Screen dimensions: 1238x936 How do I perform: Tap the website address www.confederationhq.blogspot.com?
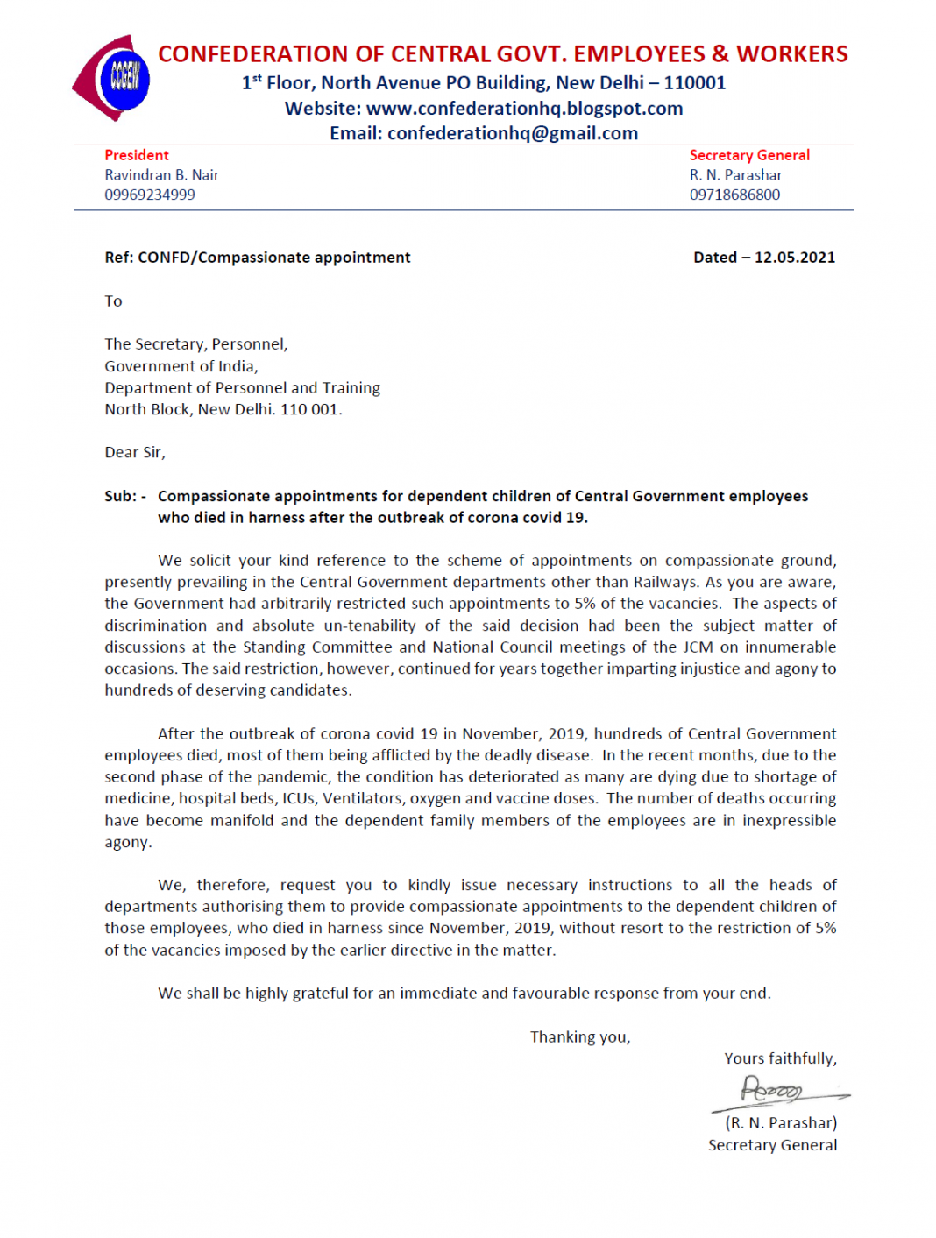[524, 109]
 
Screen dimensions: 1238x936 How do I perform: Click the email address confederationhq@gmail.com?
[513, 133]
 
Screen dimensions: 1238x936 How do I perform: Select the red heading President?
[137, 155]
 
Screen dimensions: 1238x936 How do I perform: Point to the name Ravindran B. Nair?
[162, 175]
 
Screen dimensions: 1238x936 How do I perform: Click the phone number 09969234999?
[150, 195]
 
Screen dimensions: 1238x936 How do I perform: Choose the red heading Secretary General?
[749, 155]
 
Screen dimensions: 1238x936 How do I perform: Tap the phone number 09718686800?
[734, 195]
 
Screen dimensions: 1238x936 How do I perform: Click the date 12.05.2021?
[794, 258]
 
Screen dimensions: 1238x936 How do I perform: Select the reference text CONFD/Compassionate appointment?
[274, 258]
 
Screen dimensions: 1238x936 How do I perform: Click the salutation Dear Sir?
[134, 452]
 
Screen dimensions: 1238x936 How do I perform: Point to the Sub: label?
[124, 496]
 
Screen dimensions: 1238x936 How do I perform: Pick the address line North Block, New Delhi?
[223, 409]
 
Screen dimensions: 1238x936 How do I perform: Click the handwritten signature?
[776, 1092]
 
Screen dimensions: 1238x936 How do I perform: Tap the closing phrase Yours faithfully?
[780, 1058]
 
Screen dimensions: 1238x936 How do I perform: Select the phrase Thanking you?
[580, 1037]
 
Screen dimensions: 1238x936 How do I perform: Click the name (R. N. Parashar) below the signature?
[781, 1123]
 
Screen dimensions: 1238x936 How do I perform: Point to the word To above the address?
[114, 301]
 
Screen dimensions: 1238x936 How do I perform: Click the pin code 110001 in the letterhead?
[695, 83]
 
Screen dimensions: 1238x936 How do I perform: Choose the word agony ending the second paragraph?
[127, 842]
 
